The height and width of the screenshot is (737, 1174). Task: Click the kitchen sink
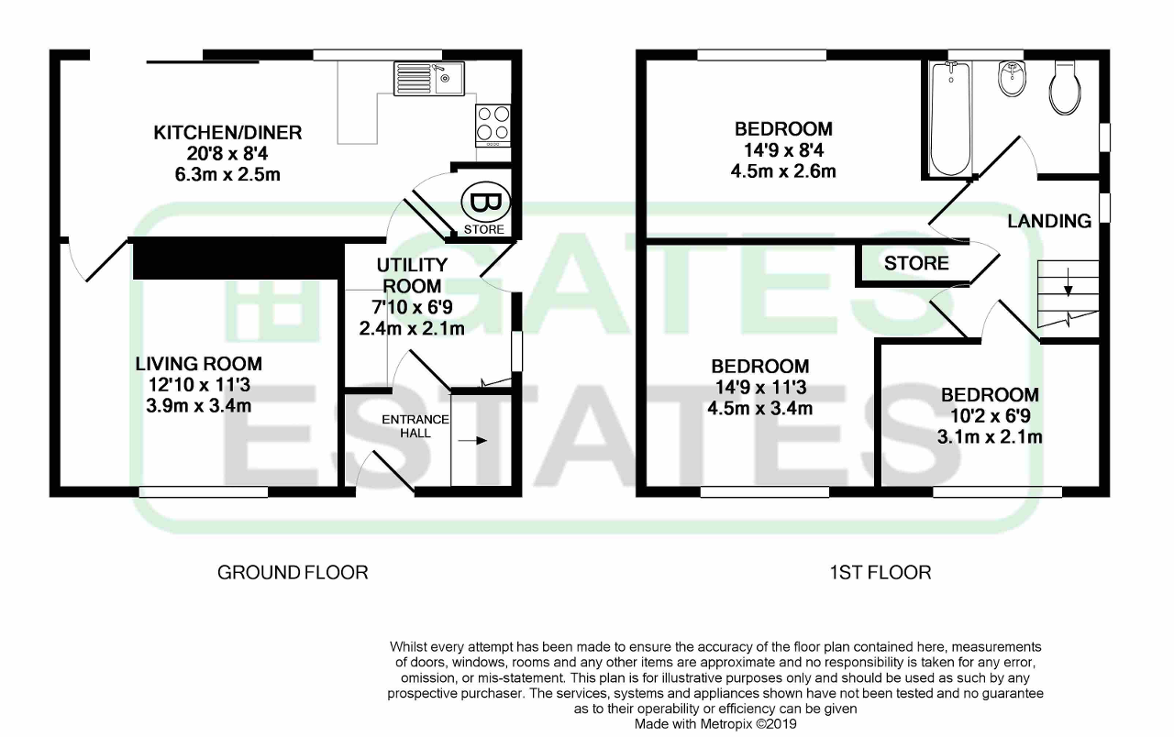[429, 79]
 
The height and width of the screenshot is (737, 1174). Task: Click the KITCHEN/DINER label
[227, 133]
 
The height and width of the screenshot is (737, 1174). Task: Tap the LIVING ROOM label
[199, 364]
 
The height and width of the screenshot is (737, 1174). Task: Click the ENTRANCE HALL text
[415, 426]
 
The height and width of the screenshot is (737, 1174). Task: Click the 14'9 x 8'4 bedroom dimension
[783, 150]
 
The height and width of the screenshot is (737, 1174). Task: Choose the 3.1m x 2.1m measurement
[990, 437]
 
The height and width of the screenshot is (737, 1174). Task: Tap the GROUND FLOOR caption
[293, 573]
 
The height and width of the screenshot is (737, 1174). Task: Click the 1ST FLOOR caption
[880, 573]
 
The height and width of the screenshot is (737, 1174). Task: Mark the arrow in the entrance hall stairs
[473, 441]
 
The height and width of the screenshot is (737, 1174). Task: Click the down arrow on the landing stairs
[1068, 287]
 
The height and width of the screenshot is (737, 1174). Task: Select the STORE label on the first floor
[916, 264]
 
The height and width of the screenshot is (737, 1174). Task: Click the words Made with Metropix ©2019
[717, 724]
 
